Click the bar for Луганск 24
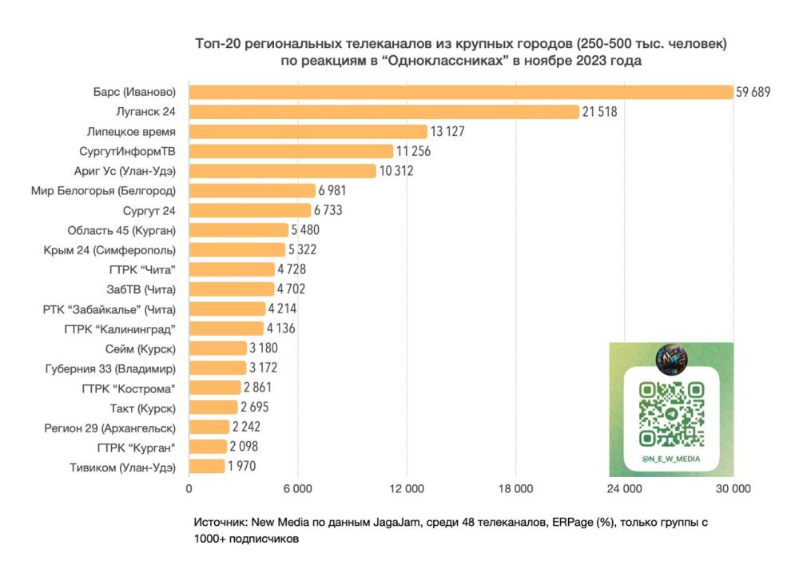point(384,112)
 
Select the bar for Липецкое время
point(308,131)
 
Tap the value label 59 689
point(753,92)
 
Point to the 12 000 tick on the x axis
point(406,488)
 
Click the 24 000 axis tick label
point(624,488)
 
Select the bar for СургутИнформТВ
point(291,151)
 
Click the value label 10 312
point(396,171)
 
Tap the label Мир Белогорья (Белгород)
point(104,191)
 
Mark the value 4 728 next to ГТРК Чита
point(291,269)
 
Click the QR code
point(671,414)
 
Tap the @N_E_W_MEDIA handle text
point(671,459)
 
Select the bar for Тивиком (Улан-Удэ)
point(207,467)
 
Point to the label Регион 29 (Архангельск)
point(110,428)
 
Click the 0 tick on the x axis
point(189,488)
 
